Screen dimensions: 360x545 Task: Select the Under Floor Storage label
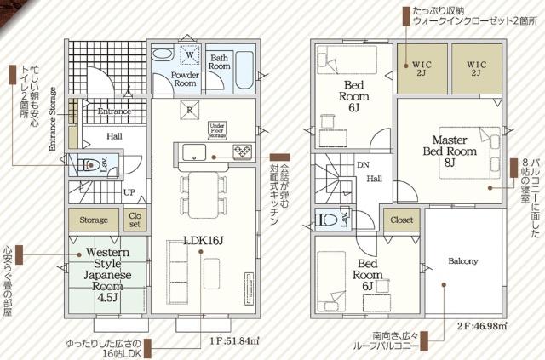[x=222, y=129]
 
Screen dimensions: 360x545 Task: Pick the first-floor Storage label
[x=94, y=220]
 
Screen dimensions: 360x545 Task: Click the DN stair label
[x=363, y=165]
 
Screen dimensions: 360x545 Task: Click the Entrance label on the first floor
[x=113, y=111]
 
